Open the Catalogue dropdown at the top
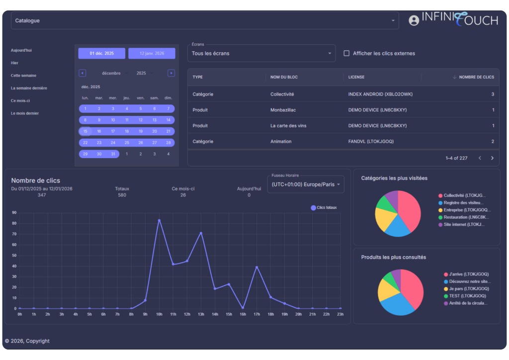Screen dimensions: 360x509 point(204,21)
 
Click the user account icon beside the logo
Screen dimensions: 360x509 point(414,20)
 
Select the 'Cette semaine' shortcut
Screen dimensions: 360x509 point(23,76)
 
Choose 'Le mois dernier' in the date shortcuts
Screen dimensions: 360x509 point(25,113)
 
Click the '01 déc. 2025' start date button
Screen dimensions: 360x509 point(101,53)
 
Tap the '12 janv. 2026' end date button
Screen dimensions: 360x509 point(152,53)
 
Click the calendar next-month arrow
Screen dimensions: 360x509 point(171,73)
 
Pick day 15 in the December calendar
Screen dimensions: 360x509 point(85,131)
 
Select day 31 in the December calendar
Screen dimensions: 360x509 point(113,154)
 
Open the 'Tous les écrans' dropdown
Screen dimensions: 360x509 point(261,53)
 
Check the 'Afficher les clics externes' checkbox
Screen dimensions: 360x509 point(346,53)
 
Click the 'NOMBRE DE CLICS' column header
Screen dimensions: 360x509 point(476,77)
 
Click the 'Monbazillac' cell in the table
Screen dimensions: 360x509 point(283,110)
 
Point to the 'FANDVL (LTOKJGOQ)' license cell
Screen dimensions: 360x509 point(371,142)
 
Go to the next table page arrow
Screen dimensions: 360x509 point(492,158)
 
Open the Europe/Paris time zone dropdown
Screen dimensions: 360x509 point(306,184)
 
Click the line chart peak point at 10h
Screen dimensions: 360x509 point(159,220)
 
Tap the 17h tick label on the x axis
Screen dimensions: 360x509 point(256,314)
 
